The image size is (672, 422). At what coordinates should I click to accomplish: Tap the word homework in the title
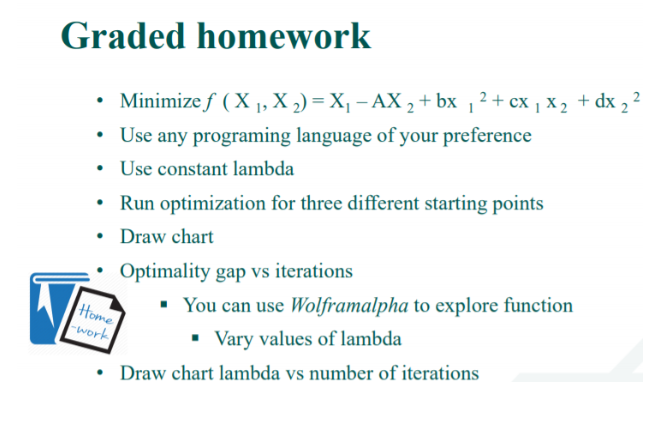coord(282,36)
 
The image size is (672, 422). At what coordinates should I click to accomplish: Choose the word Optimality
coord(161,271)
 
